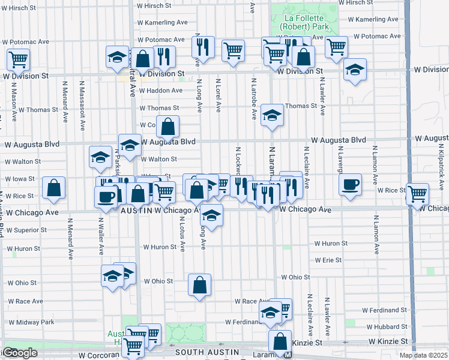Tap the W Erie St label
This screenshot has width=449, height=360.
(328, 260)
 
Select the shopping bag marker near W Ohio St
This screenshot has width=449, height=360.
(199, 284)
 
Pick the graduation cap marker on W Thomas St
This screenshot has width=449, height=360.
(272, 116)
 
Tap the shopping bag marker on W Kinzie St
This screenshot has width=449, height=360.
(280, 341)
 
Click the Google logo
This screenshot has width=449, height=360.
(19, 353)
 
